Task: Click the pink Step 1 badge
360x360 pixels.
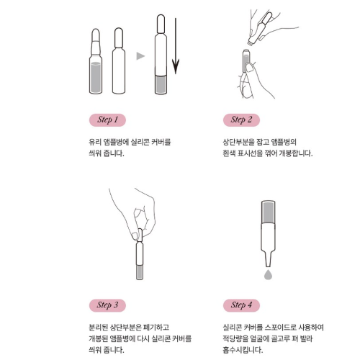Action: pos(107,120)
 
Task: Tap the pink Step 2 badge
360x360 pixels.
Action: pos(241,120)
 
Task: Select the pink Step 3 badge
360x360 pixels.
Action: pos(107,305)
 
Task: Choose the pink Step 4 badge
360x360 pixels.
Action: pos(241,305)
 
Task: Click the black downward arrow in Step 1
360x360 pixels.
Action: pos(176,45)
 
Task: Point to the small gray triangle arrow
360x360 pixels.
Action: pos(140,56)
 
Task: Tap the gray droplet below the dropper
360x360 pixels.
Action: pos(268,274)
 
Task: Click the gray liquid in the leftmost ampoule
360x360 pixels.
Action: pos(96,77)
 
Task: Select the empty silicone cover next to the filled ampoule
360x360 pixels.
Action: pos(119,60)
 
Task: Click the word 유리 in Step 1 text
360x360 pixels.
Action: pos(95,142)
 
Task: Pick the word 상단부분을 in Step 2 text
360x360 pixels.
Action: pos(238,142)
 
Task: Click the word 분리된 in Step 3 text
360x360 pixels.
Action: pos(98,327)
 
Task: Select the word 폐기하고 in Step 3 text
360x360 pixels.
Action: pos(156,327)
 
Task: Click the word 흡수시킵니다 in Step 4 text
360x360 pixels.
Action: pos(243,350)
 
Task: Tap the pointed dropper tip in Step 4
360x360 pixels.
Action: pos(268,266)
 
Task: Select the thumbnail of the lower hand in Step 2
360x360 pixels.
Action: pos(250,68)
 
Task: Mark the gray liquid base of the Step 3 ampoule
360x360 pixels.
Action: pos(140,272)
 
